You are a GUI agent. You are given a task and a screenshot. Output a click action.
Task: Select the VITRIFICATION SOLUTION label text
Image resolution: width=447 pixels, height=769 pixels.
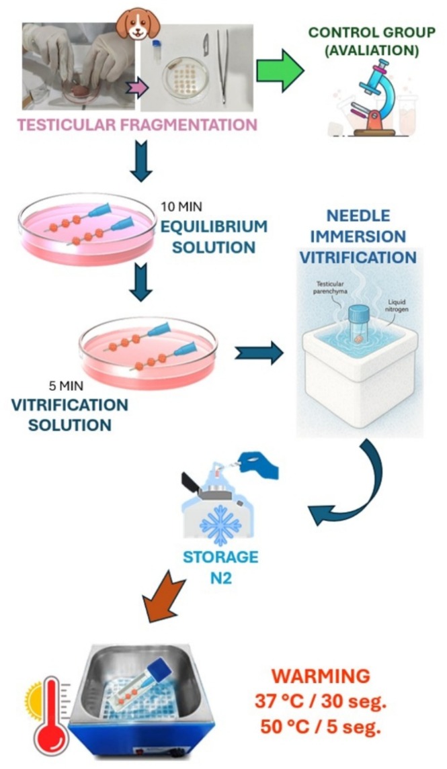pyautogui.click(x=69, y=415)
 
